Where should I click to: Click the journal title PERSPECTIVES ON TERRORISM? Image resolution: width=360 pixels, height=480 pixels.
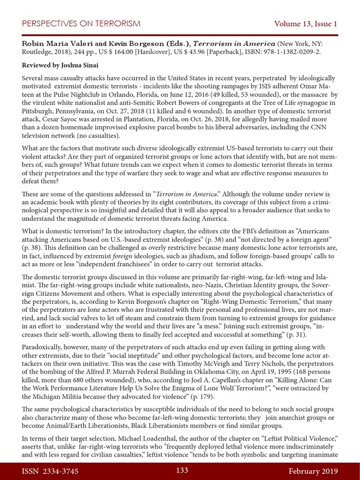81,24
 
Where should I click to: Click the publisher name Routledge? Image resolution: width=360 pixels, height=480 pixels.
40,52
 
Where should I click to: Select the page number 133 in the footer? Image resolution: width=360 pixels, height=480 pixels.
182,471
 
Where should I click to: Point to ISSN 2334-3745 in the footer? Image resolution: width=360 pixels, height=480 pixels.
49,471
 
